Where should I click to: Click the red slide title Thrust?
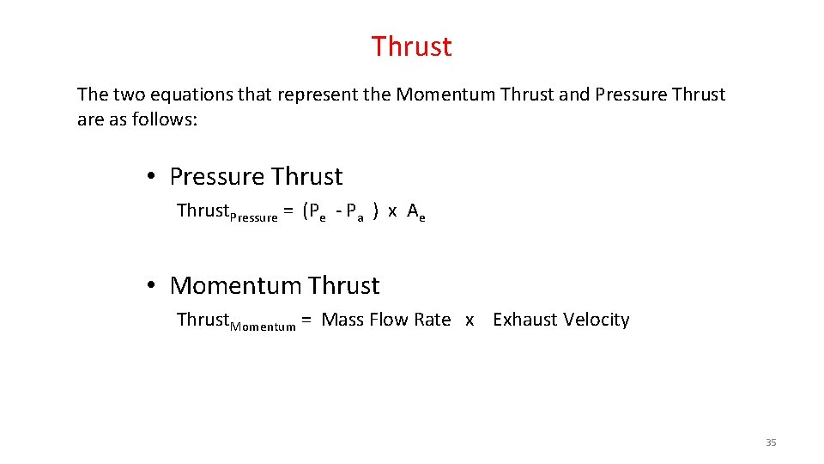tap(411, 46)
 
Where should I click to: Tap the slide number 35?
tap(770, 443)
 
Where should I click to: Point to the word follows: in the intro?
tap(166, 119)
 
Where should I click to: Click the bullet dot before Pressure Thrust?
tap(150, 177)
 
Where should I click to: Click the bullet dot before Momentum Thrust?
tap(150, 285)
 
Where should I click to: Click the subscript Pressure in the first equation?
tap(253, 217)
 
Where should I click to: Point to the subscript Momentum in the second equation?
tap(263, 327)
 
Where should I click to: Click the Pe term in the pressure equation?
tap(318, 212)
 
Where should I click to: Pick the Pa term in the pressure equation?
tap(355, 212)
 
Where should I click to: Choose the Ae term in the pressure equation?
tap(416, 212)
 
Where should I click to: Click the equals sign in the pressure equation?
tap(289, 211)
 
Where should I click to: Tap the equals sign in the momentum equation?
tap(306, 321)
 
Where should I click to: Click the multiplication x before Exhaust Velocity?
tap(470, 321)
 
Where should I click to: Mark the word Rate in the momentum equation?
tap(432, 320)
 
